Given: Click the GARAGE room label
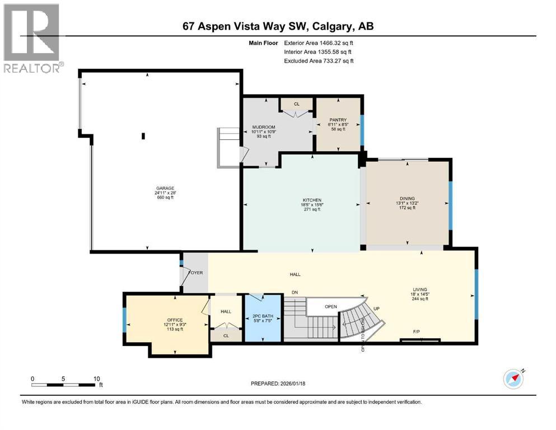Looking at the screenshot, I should tap(165, 188).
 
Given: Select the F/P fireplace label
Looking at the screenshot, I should tap(417, 331).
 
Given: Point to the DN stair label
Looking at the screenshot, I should tap(295, 292).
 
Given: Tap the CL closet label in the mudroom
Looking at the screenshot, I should tap(297, 104).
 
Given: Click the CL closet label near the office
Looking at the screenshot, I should tap(226, 336).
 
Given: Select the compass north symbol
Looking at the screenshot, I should tap(513, 378).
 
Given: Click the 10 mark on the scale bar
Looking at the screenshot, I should tap(96, 378).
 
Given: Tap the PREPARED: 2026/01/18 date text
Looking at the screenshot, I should tap(278, 384).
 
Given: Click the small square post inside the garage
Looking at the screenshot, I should tap(143, 135).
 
